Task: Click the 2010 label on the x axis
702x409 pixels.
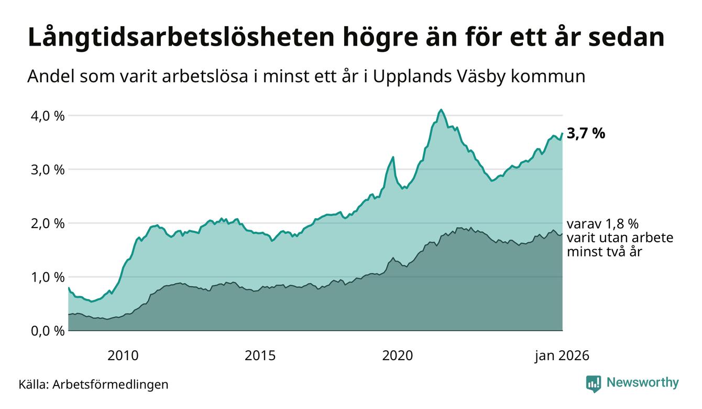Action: [123, 356]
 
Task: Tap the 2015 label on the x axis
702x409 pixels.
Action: [260, 356]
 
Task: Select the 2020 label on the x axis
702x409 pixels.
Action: [398, 356]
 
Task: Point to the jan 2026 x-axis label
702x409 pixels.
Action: [562, 356]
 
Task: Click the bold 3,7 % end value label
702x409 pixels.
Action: [586, 134]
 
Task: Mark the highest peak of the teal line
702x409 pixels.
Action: [441, 110]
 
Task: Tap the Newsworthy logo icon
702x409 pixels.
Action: [594, 383]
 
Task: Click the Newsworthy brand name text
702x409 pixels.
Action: [642, 383]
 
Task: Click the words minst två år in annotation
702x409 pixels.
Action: [605, 252]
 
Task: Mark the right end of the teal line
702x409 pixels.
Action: [562, 133]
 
